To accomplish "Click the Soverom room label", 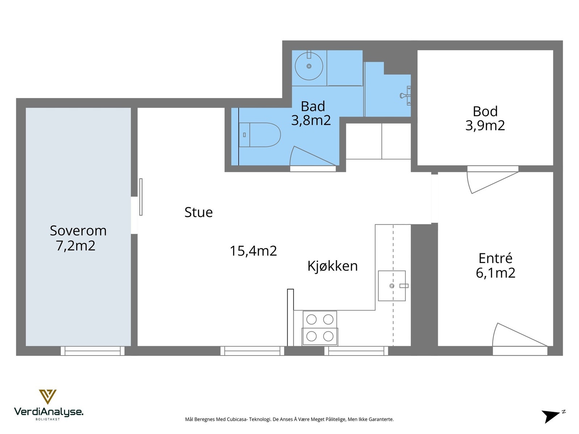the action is [x=78, y=231].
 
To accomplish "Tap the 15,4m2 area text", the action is [x=253, y=251].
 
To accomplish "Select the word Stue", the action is [x=198, y=212].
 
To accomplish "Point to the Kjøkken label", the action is [x=332, y=265].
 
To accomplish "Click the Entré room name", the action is [x=495, y=258].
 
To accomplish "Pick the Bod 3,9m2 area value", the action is [x=485, y=125].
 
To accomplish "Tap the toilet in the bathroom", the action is [x=259, y=135].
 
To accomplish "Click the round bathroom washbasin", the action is [x=309, y=66].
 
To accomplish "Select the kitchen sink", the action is [x=392, y=286].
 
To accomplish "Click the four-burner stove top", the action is [x=320, y=328].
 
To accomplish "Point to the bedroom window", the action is [x=93, y=351].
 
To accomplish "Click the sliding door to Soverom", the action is [x=141, y=197].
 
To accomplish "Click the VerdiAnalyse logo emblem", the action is [x=48, y=397].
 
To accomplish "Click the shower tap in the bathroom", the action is [x=406, y=95].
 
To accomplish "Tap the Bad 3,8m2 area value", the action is [x=311, y=120].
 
